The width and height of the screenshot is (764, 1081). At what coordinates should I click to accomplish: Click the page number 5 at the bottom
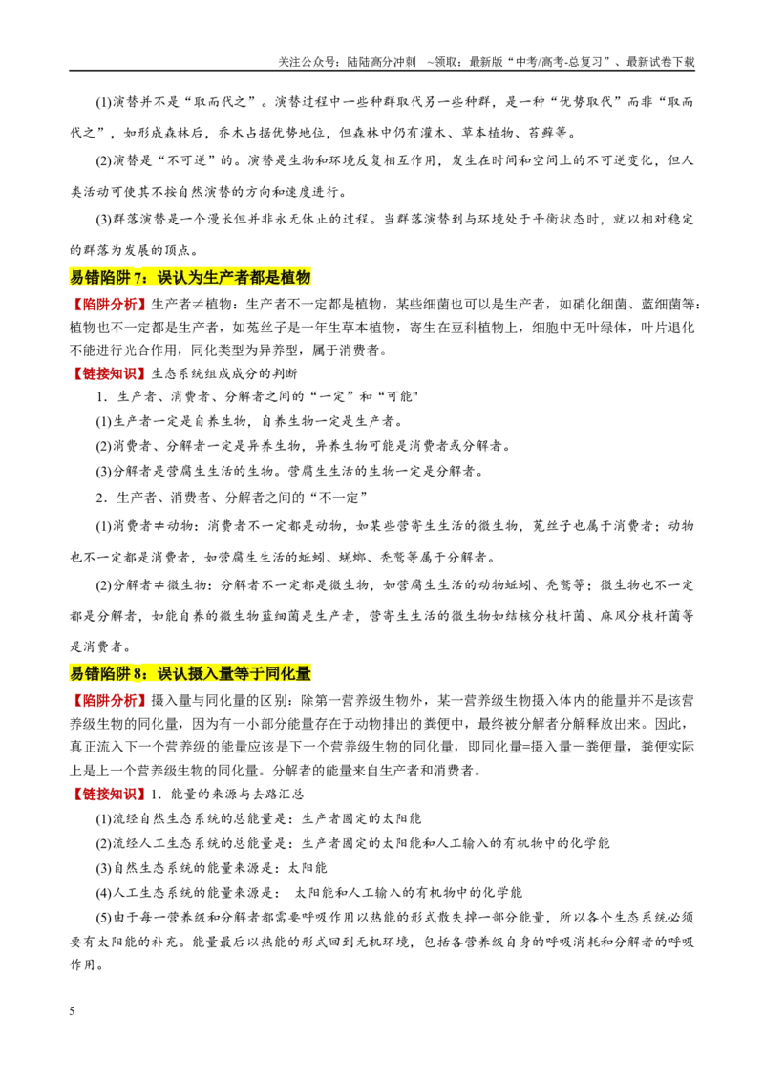click(x=72, y=1011)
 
